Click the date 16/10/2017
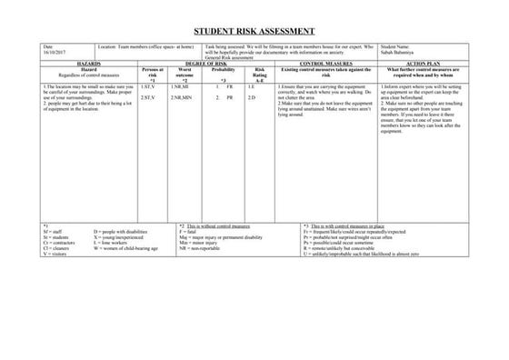coord(54,50)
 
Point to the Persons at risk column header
coord(152,72)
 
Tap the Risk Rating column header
coord(259,72)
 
